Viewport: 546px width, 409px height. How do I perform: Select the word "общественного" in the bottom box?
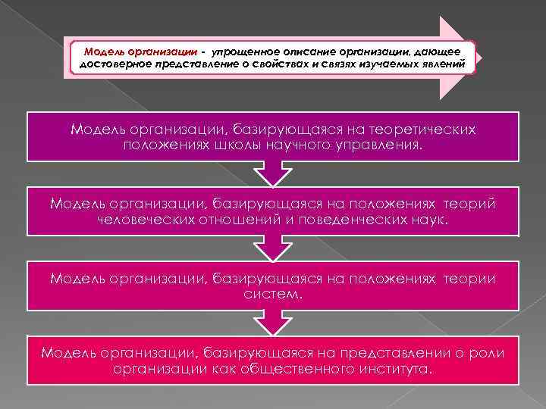[x=305, y=368]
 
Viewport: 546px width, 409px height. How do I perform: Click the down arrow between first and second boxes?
[x=273, y=174]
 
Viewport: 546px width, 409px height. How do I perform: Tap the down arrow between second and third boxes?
[x=273, y=248]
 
